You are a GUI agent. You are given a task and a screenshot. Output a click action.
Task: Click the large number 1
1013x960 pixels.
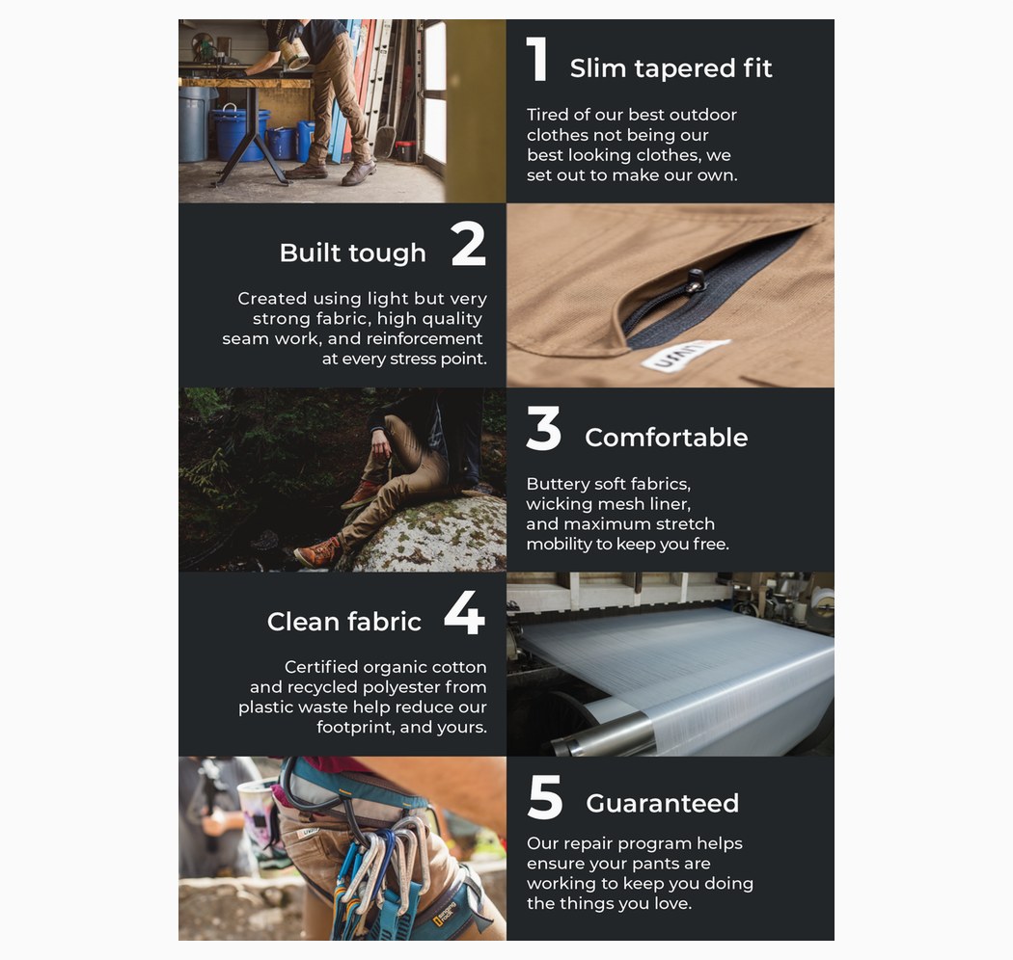(x=537, y=59)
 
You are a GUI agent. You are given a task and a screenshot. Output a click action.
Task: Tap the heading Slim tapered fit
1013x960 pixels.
(x=671, y=68)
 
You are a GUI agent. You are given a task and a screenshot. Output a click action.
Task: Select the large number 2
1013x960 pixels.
(x=468, y=244)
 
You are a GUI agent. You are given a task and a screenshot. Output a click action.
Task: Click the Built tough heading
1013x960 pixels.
(x=353, y=253)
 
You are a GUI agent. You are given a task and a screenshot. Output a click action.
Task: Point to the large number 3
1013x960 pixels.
(x=543, y=428)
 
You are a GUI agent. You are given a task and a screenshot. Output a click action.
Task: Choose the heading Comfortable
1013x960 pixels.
(x=666, y=438)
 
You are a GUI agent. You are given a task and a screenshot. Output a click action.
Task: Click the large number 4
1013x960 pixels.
(x=464, y=613)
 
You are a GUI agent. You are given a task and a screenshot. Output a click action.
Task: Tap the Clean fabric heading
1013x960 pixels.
(x=343, y=622)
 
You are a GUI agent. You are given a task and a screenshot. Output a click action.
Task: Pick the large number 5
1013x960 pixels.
(x=545, y=797)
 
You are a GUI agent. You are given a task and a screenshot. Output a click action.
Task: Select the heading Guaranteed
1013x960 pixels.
(x=662, y=804)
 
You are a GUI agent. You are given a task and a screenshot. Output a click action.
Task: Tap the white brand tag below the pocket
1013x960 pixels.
(x=685, y=355)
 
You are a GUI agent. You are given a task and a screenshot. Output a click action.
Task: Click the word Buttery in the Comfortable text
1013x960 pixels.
(x=557, y=484)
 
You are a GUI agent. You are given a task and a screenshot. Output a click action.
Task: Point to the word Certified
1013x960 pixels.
(x=321, y=667)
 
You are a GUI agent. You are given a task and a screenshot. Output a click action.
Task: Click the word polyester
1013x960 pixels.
(x=402, y=687)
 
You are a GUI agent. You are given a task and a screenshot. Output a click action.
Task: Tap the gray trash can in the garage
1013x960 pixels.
(x=195, y=124)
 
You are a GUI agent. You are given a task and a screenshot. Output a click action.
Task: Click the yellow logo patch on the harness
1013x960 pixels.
(x=445, y=916)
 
